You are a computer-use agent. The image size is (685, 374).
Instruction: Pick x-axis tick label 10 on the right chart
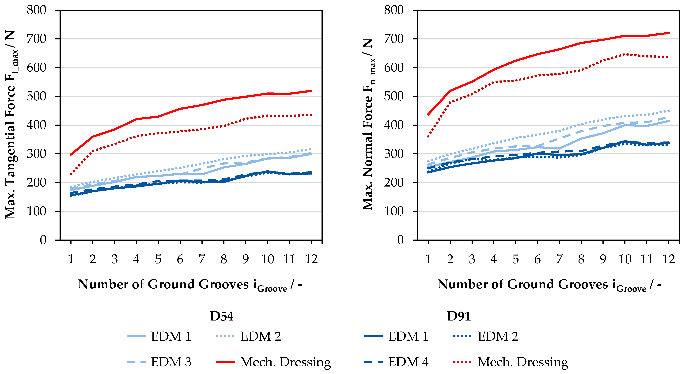click(x=625, y=259)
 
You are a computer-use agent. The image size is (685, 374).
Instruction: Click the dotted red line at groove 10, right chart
click(x=625, y=54)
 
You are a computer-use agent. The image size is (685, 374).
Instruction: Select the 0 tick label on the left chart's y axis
click(x=43, y=240)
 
